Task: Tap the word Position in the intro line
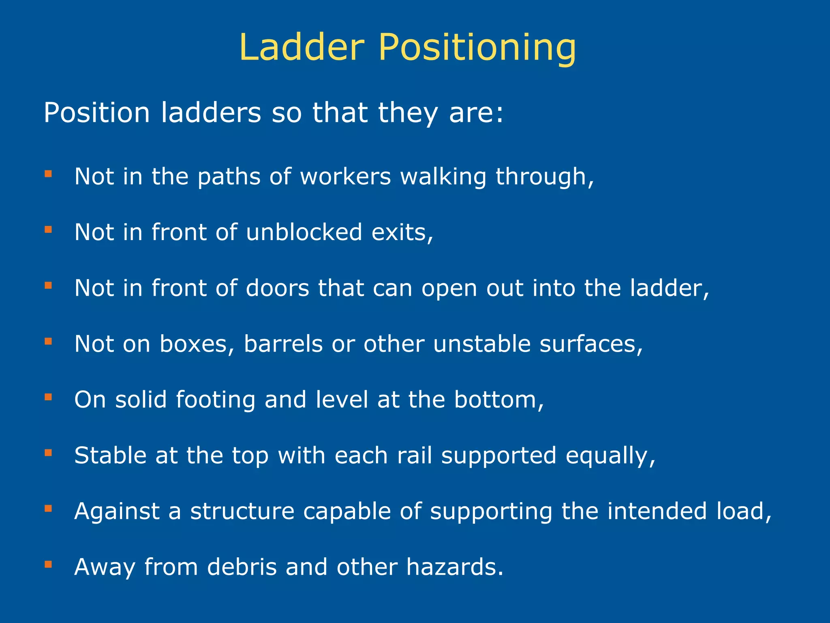(97, 112)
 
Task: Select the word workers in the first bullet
(345, 177)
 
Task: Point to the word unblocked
(304, 232)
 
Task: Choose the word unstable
(482, 344)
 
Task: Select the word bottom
(498, 400)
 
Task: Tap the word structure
(242, 511)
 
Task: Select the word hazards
(454, 567)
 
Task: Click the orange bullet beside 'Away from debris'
(48, 564)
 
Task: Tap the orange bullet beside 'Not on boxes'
(48, 341)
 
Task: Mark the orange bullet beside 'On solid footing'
(48, 397)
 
